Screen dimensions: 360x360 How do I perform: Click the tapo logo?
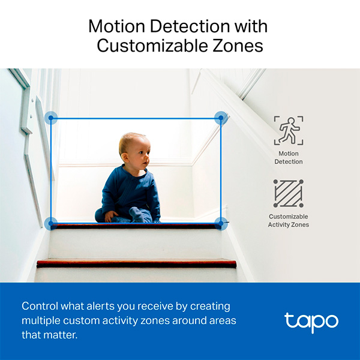click(311, 321)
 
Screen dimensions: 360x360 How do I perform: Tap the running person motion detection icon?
click(289, 131)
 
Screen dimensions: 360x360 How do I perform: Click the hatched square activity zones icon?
click(289, 193)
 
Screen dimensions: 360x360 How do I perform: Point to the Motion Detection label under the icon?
click(289, 158)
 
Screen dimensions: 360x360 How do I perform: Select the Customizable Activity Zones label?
click(289, 220)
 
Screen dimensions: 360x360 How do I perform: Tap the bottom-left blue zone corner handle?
click(52, 224)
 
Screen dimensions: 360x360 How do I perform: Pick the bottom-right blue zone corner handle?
click(221, 224)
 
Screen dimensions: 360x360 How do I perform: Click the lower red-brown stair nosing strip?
click(138, 263)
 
